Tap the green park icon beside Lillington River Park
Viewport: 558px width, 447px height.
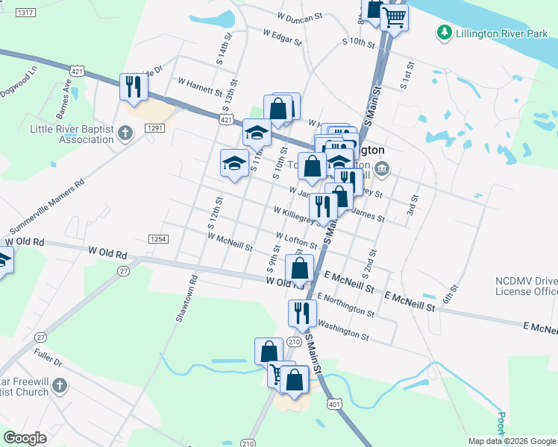tap(445, 33)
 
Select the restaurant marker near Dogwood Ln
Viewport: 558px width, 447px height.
tap(134, 86)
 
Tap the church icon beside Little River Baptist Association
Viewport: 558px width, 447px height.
tap(125, 133)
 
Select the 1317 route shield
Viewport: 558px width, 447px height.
tap(25, 13)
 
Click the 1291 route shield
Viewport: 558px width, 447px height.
tap(154, 128)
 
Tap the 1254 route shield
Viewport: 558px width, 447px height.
tap(157, 238)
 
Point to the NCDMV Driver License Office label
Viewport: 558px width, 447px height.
tap(524, 286)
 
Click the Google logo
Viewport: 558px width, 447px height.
tap(25, 438)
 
